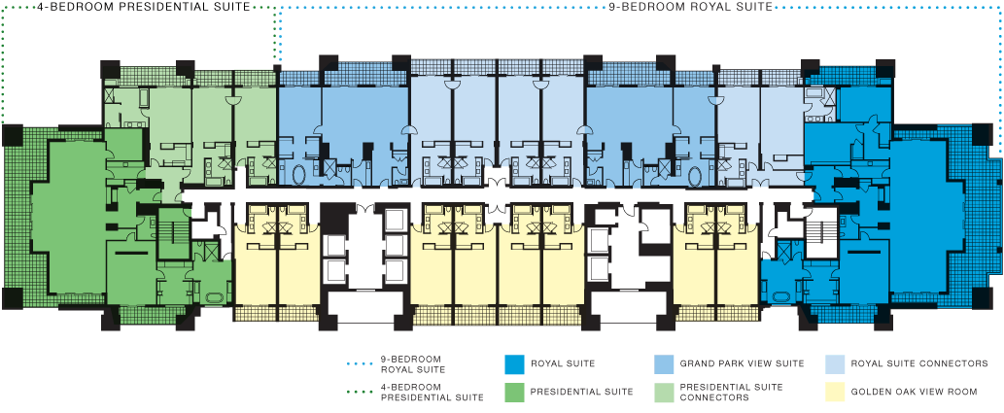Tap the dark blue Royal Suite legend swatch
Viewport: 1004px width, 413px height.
click(514, 363)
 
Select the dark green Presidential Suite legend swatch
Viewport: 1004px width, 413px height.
click(514, 392)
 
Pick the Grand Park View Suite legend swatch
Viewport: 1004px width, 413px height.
click(664, 363)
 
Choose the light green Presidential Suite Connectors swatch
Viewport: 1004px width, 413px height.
click(664, 392)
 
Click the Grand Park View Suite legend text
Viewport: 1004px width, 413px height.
click(742, 363)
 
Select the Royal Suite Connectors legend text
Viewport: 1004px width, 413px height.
click(919, 363)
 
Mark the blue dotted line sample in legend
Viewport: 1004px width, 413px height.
click(357, 363)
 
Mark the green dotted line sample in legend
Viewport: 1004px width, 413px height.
click(357, 392)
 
